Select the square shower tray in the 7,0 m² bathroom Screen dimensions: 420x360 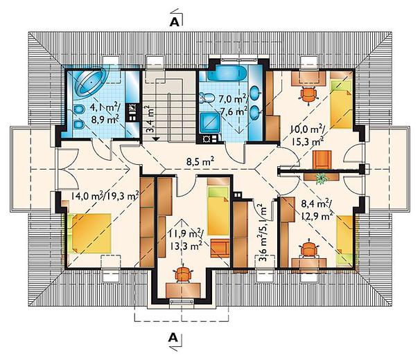pos(210,123)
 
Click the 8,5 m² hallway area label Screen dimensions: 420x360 pos(200,162)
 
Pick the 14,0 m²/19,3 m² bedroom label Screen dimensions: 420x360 pos(105,196)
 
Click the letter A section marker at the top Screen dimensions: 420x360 pos(174,22)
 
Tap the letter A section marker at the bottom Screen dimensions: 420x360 pos(173,338)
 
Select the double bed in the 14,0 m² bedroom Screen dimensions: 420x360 pos(89,233)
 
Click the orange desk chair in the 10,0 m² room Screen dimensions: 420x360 pos(308,94)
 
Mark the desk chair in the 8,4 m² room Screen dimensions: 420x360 pos(309,250)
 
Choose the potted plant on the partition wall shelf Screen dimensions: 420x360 pos(321,178)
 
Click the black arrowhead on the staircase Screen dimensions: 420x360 pos(156,139)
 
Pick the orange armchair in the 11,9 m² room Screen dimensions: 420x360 pos(220,249)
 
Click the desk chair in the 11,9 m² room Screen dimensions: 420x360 pos(183,274)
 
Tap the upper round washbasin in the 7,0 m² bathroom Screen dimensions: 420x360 pos(256,93)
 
